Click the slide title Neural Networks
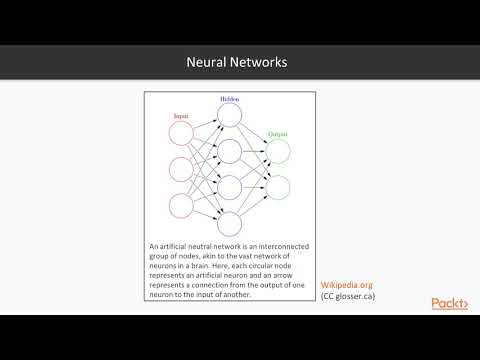237,62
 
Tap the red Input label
181,117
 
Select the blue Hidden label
229,99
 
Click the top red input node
181,134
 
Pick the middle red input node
181,169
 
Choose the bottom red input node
181,205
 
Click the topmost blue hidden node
229,115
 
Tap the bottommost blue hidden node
229,223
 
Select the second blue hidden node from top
229,151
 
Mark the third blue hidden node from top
229,187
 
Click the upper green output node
278,151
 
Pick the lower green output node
278,187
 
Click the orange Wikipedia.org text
346,285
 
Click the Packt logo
449,303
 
